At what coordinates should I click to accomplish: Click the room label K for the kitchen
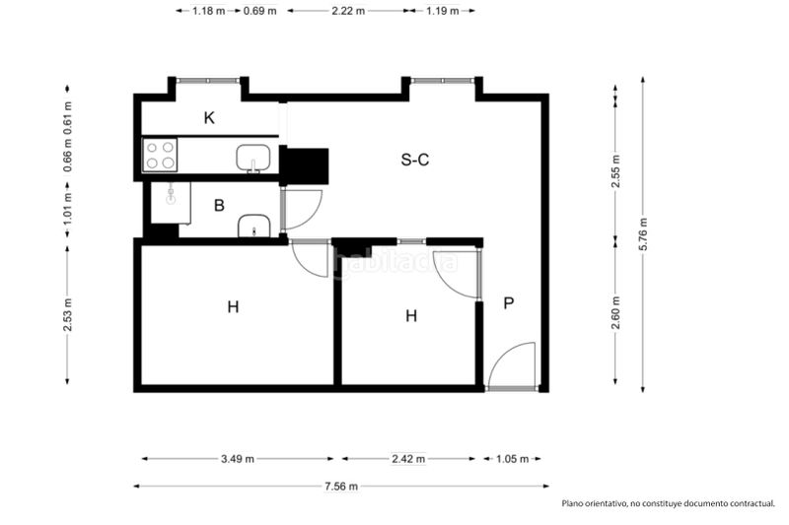(209, 118)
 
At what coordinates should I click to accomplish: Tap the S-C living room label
(414, 160)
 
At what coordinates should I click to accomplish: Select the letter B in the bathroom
(219, 206)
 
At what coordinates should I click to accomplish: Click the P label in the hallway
(509, 303)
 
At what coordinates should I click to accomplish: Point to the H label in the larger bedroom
(233, 307)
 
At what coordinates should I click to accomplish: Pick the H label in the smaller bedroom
(411, 316)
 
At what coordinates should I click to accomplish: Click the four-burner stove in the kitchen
(161, 155)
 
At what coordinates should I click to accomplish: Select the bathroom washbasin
(254, 228)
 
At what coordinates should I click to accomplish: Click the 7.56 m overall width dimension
(340, 486)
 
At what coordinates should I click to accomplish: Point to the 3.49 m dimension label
(238, 459)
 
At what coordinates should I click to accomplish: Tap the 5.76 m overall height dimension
(643, 234)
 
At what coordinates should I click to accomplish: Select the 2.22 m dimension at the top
(347, 11)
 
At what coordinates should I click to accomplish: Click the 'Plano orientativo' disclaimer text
(668, 504)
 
